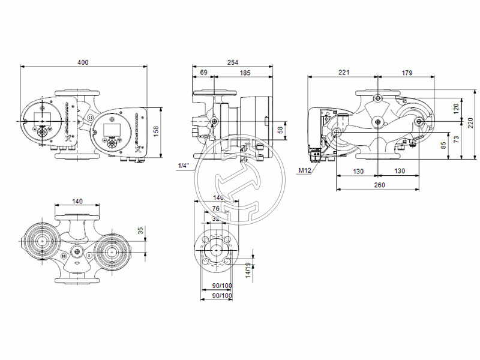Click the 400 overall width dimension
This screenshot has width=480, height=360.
coord(84,62)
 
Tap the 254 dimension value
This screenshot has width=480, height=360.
coord(232,62)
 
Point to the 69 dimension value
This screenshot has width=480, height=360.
coord(203,73)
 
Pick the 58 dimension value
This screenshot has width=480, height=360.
coord(279,130)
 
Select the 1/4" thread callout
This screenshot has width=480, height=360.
coord(185,165)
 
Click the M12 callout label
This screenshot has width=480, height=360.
coord(305,170)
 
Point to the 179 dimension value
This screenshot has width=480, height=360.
coord(407,73)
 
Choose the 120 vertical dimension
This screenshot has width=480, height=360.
coord(455,108)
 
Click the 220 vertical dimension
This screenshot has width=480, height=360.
coord(471,123)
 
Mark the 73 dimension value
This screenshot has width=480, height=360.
coord(456,139)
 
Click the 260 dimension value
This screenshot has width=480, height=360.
coord(380,185)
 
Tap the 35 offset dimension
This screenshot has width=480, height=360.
coord(140,230)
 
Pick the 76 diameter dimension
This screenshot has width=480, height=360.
coord(216,208)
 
